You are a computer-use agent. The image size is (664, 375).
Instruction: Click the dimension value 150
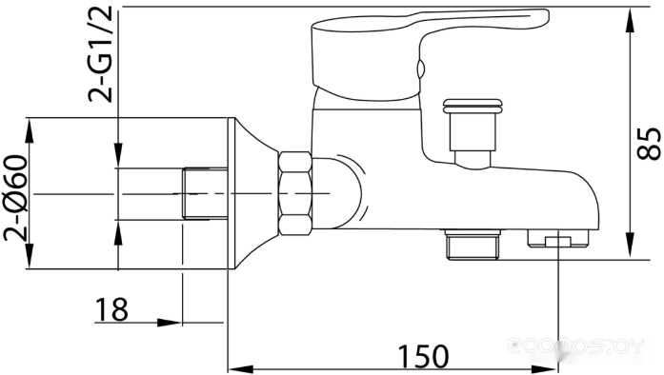coord(423,357)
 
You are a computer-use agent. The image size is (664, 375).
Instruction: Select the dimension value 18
coord(111,309)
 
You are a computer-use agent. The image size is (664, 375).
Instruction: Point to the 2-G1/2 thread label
coord(100,54)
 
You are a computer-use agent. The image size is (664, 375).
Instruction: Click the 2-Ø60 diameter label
coord(15,198)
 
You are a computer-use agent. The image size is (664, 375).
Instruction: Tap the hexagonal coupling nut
coord(295,194)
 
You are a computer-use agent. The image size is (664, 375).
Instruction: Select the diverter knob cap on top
coord(473,106)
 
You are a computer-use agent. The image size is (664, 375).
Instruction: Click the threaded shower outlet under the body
coord(473,245)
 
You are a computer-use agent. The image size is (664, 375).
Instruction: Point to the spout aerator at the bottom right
coord(558,238)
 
